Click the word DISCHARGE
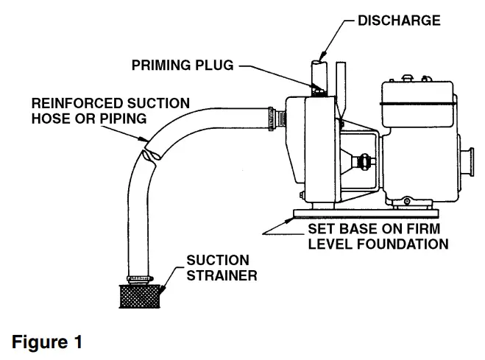point(400,20)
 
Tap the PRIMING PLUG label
point(183,66)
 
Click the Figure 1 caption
point(47,342)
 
